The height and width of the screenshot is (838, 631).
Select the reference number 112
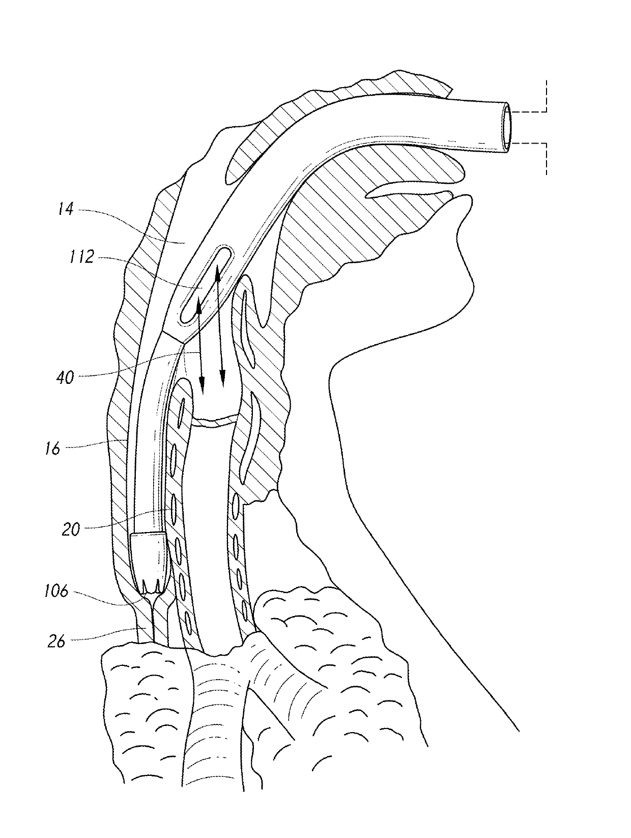tap(81, 258)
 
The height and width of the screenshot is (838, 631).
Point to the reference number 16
tap(52, 448)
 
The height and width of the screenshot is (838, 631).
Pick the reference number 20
tap(71, 529)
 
